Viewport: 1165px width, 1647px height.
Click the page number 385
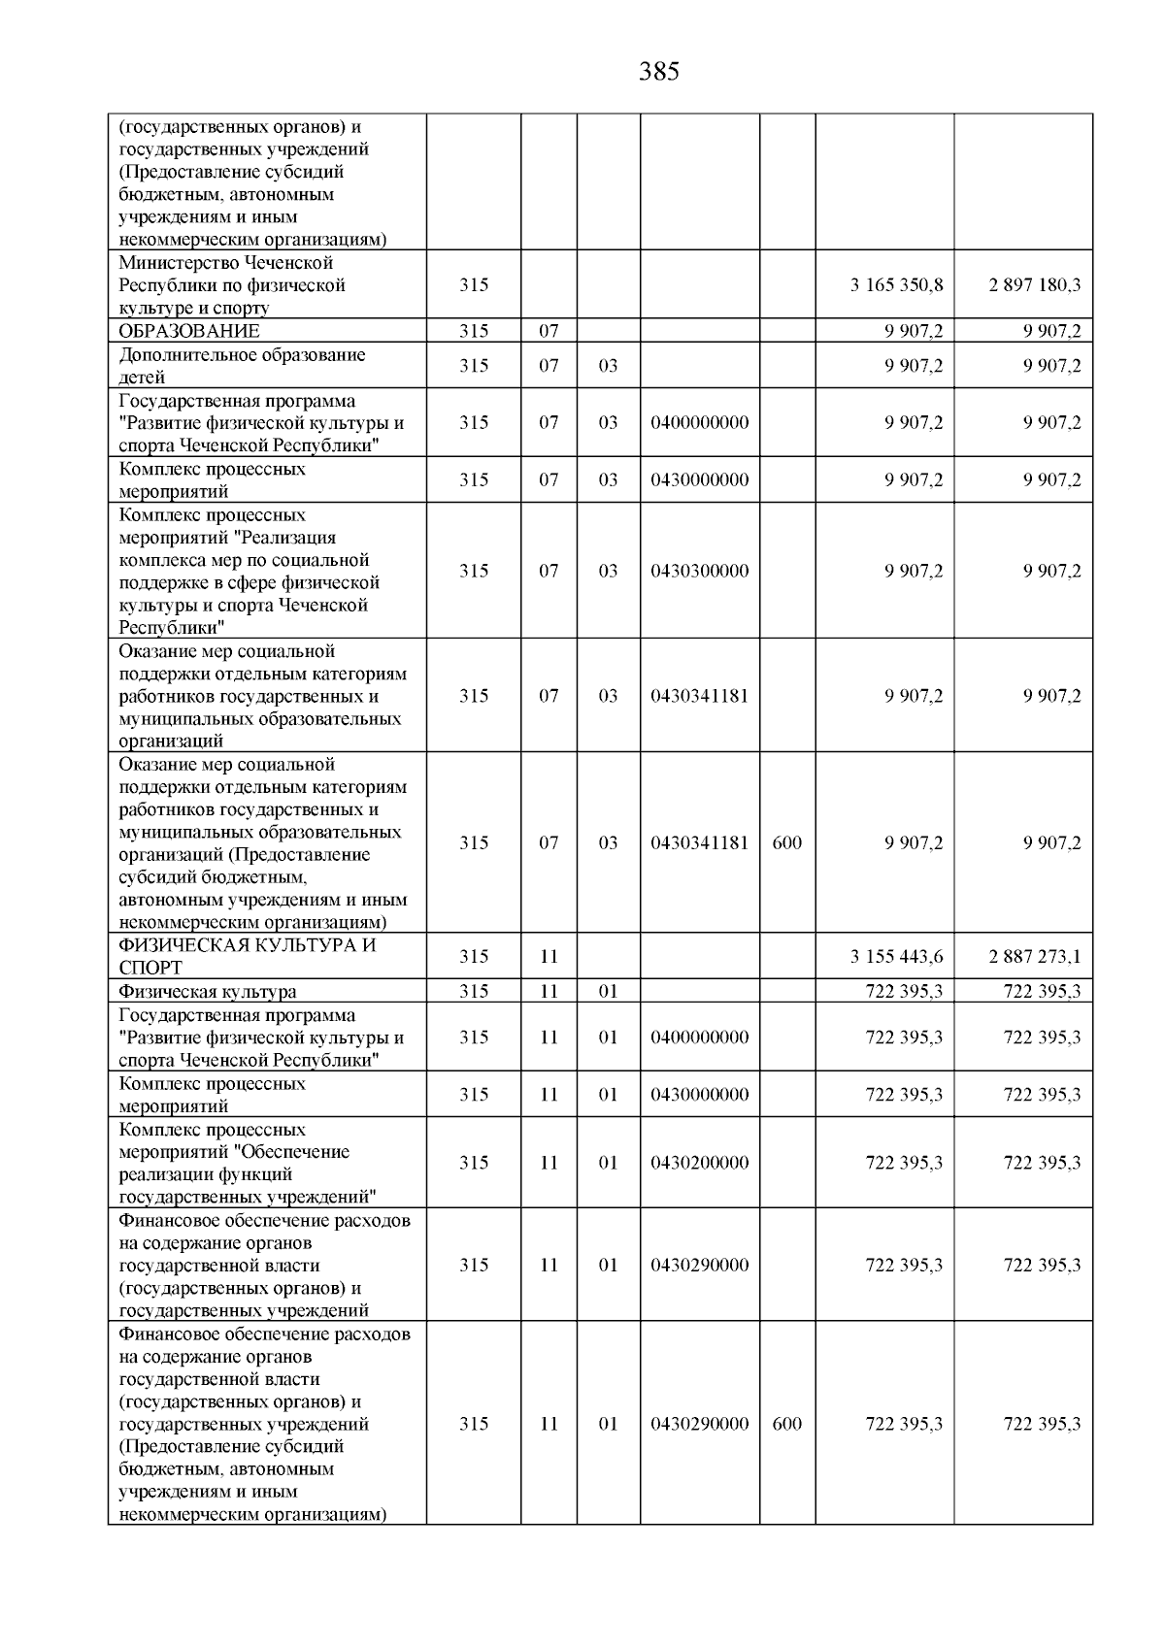pos(659,72)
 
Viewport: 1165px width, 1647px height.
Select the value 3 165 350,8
pos(896,285)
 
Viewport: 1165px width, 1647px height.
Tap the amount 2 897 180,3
pos(1035,285)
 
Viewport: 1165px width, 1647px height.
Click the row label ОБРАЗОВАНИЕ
pos(189,331)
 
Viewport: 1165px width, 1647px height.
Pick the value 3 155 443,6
pos(896,956)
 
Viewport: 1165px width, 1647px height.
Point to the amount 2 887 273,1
pos(1035,956)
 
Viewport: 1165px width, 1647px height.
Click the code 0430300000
pos(700,571)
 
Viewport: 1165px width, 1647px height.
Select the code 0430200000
pos(700,1163)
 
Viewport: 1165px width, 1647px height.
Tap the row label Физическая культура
pos(208,991)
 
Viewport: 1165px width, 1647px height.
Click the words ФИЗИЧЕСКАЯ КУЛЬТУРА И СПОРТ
pos(247,956)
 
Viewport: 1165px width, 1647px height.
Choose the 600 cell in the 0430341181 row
pos(787,842)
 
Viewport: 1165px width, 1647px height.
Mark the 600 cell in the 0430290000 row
pos(787,1424)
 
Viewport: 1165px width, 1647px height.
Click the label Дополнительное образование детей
pos(242,366)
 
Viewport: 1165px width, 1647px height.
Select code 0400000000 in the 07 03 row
pos(700,422)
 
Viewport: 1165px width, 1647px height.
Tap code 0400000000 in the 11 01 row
pos(700,1038)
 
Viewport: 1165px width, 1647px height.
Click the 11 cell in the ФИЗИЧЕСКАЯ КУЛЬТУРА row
pos(549,956)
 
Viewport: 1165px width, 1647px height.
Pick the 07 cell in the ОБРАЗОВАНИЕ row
pos(549,331)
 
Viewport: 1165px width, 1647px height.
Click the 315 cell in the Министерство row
pos(474,285)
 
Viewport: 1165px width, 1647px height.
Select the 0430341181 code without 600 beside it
pos(700,696)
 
